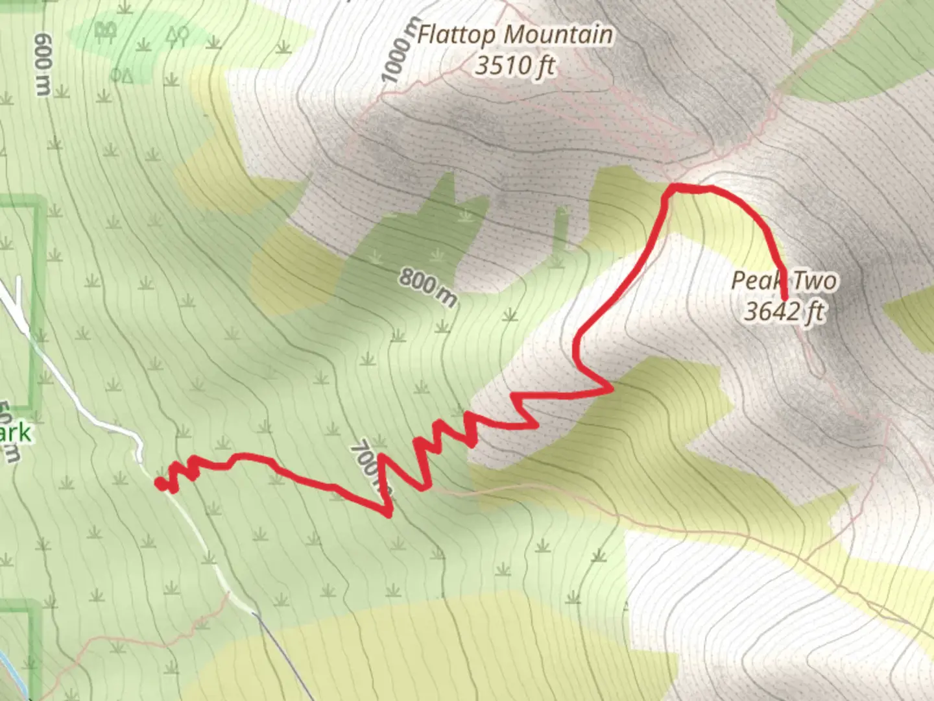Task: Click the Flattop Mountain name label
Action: [x=514, y=34]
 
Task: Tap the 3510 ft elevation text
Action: [x=516, y=66]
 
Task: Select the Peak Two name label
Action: [x=784, y=281]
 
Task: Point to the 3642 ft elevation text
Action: [x=784, y=312]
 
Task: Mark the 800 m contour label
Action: [x=427, y=287]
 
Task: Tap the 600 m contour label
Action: [x=43, y=65]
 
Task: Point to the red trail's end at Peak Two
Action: [x=785, y=299]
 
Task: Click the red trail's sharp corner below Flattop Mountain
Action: [x=673, y=188]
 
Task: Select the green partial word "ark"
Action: [x=16, y=433]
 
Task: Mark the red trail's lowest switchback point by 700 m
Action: [x=389, y=514]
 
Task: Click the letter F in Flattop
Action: [x=424, y=34]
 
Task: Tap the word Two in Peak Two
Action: [x=814, y=281]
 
